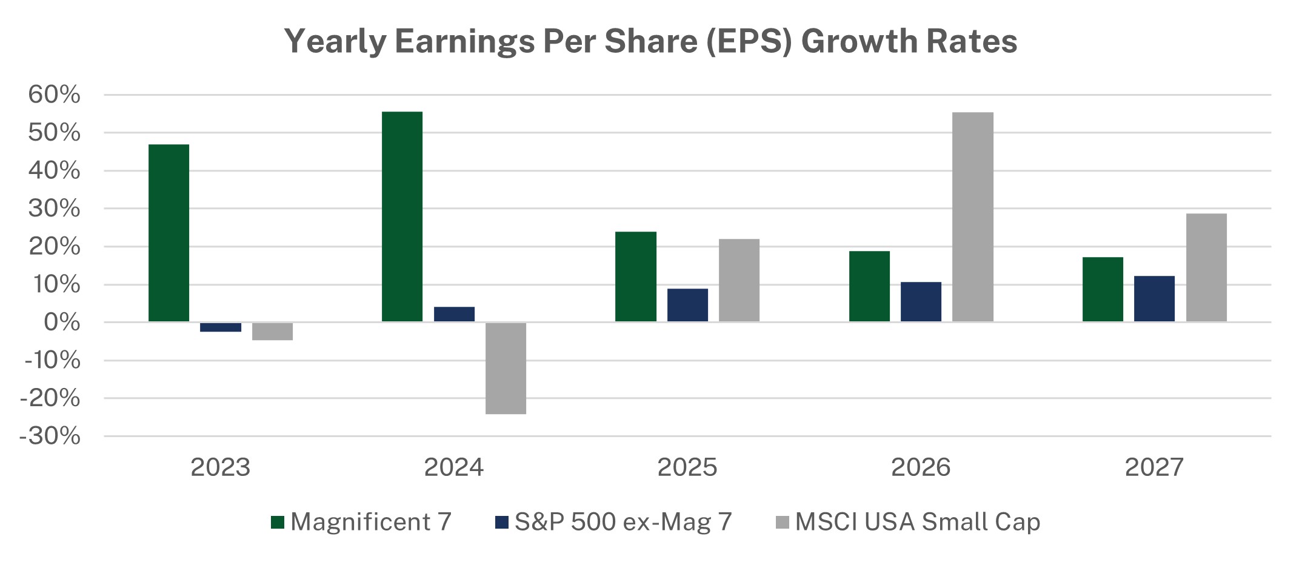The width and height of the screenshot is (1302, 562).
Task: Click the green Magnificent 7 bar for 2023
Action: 169,233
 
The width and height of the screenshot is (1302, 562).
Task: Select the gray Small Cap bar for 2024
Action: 506,368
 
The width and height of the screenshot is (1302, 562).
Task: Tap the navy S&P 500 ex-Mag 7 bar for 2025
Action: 687,305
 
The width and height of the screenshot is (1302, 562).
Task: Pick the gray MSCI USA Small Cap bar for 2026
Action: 972,217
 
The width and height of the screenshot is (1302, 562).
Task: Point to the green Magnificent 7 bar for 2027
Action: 1103,289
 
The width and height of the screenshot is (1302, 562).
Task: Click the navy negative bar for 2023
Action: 220,327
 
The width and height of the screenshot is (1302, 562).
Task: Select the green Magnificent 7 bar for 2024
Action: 402,216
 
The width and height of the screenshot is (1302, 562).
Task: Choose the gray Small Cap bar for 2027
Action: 1206,267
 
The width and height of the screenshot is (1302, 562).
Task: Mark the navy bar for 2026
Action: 921,302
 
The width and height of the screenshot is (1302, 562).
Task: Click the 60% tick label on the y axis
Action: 54,95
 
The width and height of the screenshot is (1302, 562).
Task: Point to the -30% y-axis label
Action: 50,436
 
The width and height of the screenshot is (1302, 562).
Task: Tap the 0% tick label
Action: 62,323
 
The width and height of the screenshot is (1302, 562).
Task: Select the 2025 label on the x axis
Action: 687,467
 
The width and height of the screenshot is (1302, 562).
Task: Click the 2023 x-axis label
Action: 220,467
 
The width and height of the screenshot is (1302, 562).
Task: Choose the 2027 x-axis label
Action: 1154,467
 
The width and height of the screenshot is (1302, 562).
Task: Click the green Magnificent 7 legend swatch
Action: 278,522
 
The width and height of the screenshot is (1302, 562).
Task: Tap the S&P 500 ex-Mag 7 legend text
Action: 623,522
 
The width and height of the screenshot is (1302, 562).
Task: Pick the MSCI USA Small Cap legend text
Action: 917,522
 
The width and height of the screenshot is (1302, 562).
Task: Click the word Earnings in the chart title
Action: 465,41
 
